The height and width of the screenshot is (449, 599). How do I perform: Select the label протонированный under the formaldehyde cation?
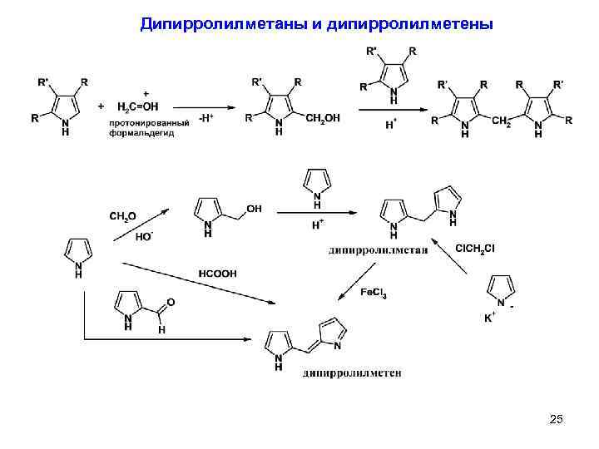(142, 124)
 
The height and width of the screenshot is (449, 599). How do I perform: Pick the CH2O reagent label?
(124, 216)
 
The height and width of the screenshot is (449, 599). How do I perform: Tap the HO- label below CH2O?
(145, 236)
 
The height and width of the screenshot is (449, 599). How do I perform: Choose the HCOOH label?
(217, 272)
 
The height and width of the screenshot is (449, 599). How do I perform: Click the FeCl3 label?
(373, 293)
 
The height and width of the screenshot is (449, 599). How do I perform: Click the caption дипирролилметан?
(377, 249)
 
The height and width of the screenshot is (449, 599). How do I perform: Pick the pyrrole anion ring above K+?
(502, 289)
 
